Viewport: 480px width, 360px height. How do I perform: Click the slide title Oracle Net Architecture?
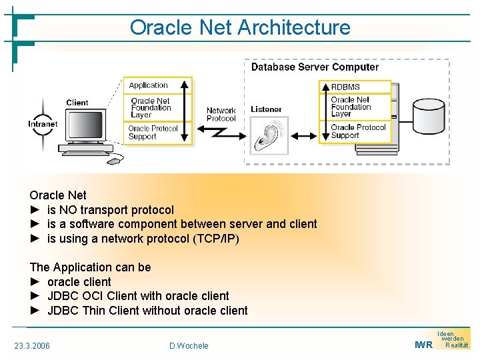point(240,27)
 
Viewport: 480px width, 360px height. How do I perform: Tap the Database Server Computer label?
point(315,67)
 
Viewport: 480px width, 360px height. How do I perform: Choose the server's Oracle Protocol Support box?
point(358,131)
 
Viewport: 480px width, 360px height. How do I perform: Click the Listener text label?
point(266,109)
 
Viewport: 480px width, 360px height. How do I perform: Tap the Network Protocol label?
point(221,115)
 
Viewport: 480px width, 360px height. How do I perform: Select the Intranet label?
point(43,124)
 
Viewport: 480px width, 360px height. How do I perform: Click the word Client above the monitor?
point(77,103)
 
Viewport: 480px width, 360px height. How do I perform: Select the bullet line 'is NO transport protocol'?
point(110,210)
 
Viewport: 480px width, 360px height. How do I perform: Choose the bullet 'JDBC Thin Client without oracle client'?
point(147,311)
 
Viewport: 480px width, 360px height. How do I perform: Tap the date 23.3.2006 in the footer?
point(32,345)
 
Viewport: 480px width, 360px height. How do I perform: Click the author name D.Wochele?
point(189,345)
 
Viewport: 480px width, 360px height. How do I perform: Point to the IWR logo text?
point(423,345)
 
